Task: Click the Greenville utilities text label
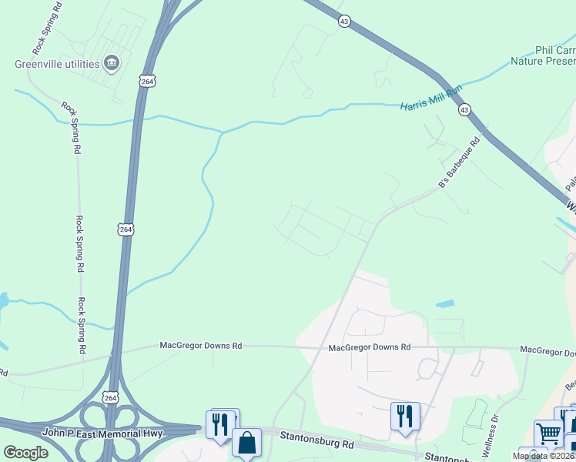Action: (x=56, y=63)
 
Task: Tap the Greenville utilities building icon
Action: (x=111, y=62)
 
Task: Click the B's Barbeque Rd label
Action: (x=459, y=162)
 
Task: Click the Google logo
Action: (x=25, y=452)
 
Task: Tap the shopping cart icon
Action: (x=548, y=433)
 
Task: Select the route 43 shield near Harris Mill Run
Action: (x=464, y=110)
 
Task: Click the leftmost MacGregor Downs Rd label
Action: (x=201, y=346)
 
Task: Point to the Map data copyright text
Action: (x=544, y=456)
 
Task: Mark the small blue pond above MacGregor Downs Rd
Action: (x=445, y=304)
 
